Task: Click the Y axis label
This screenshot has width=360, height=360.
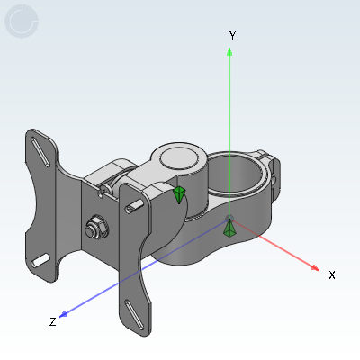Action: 232,36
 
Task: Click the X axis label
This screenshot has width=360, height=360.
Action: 332,274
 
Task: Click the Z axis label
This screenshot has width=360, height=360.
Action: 52,322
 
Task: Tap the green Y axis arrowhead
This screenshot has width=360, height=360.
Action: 229,51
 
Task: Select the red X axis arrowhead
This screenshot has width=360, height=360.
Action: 315,268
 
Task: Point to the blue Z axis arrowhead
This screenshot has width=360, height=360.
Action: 64,314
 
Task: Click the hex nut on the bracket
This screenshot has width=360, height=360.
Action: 96,227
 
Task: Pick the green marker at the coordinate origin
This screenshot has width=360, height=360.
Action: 229,229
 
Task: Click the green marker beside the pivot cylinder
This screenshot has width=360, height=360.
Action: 179,194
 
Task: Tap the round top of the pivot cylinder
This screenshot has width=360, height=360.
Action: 179,158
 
